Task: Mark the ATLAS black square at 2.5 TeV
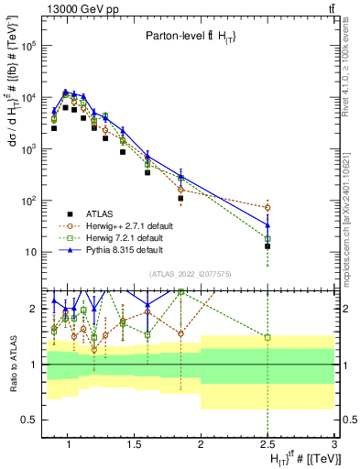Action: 267,245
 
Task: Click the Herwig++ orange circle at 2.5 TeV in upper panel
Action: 267,207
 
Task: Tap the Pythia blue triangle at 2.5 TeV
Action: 267,224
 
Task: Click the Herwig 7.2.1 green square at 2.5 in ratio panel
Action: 267,337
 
